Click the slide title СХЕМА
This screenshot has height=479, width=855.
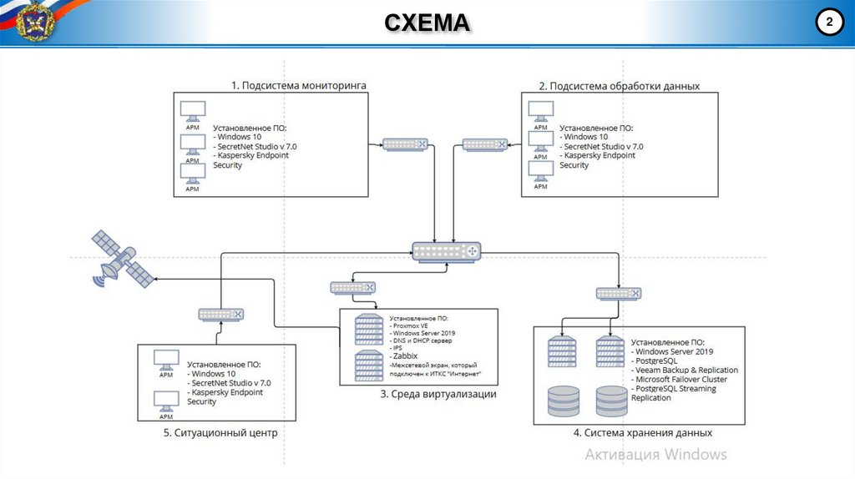427,23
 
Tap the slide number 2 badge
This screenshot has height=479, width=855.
829,23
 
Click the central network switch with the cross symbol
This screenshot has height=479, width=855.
448,250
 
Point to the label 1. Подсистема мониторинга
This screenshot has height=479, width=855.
299,85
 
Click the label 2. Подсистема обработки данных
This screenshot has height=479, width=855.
619,86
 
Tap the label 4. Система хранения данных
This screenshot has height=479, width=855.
643,433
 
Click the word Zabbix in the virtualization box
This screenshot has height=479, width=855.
404,355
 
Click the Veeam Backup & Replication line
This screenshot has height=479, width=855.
686,370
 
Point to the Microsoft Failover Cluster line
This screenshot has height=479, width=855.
680,379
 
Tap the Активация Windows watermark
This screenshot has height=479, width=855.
655,455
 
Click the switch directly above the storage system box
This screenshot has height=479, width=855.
620,293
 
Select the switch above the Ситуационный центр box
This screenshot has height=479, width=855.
221,314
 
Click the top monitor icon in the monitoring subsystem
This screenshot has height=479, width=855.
192,111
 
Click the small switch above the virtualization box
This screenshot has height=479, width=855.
352,287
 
